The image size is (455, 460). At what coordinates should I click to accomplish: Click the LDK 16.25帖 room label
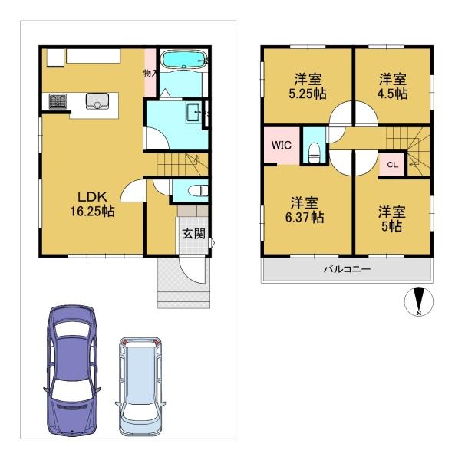point(92,204)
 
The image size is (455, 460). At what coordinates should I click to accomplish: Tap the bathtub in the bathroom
point(184,60)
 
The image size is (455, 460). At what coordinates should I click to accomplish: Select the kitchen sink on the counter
point(97,100)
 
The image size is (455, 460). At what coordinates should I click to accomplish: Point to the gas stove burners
point(58,101)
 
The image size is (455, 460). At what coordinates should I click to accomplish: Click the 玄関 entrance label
point(193,234)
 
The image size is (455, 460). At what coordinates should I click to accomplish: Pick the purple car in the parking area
point(72,370)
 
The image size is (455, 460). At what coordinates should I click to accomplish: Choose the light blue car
point(140,386)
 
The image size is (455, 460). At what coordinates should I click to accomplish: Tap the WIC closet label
point(282,145)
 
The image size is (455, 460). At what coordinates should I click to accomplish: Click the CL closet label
point(393,165)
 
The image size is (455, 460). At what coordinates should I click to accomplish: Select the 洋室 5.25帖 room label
point(308,86)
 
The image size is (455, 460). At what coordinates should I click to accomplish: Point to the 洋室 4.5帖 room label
point(393,86)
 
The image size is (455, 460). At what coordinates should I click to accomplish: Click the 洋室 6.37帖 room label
point(305,210)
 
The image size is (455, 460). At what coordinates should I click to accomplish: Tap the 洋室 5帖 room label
point(391,219)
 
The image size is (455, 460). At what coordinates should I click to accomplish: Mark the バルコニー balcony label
point(348,269)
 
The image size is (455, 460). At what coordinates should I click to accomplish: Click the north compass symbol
point(419,301)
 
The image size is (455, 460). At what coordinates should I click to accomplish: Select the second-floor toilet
point(315,152)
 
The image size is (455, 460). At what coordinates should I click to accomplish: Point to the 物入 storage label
point(150,73)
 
